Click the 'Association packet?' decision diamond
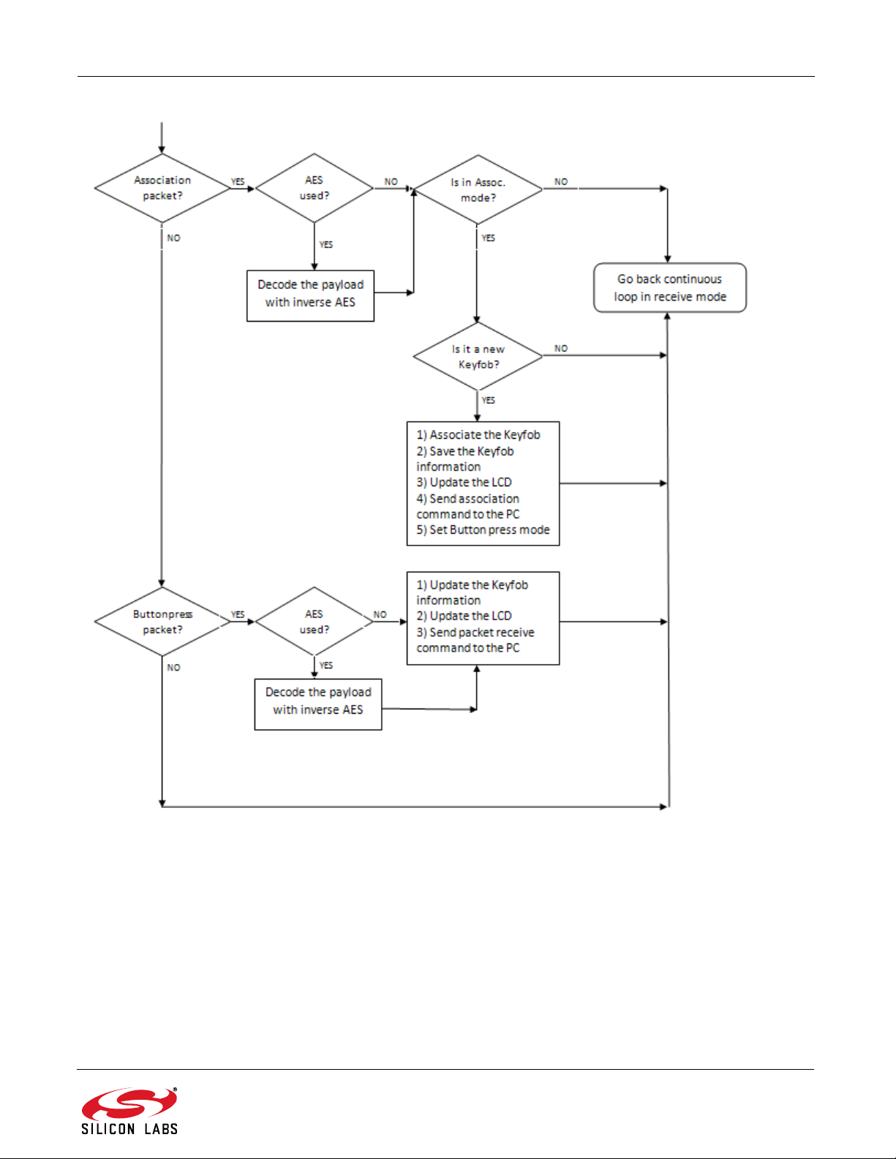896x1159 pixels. (162, 188)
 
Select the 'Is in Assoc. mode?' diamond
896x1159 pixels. (478, 189)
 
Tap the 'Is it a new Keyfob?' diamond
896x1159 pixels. (478, 356)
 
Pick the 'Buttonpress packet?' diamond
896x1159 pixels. (162, 622)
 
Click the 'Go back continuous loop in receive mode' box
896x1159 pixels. (670, 287)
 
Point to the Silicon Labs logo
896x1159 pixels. (129, 1111)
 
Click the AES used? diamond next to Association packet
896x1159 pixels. (314, 188)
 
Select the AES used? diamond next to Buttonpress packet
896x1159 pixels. (314, 622)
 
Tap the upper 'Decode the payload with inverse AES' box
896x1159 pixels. (310, 296)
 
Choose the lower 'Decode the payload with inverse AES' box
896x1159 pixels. (318, 704)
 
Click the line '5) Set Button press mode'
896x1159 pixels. (483, 529)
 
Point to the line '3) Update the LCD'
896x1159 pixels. (464, 482)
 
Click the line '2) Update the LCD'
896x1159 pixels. (464, 616)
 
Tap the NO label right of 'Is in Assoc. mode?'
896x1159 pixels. (561, 181)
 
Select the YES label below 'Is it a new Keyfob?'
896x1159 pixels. (489, 400)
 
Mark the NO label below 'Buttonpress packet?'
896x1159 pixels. (174, 667)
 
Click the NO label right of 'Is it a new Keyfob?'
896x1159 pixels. (561, 348)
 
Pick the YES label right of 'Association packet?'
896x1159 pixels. (238, 181)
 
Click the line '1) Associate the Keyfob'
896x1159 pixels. (478, 434)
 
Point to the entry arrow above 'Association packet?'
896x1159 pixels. (162, 137)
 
